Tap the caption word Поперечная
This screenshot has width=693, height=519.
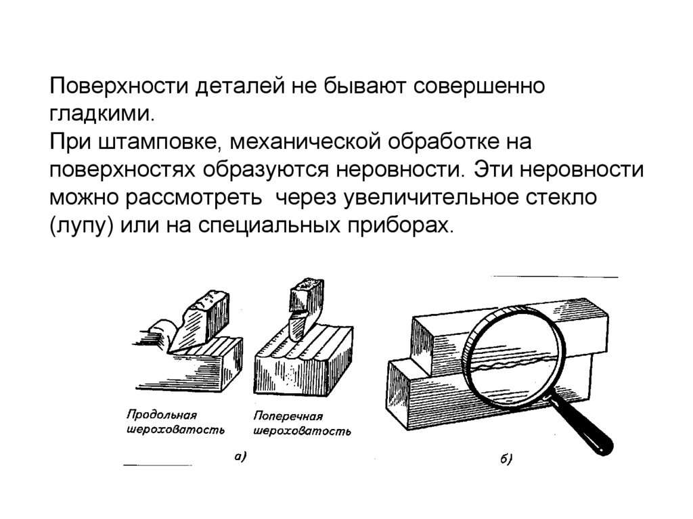point(288,417)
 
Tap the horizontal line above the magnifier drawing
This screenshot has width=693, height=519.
point(554,277)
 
